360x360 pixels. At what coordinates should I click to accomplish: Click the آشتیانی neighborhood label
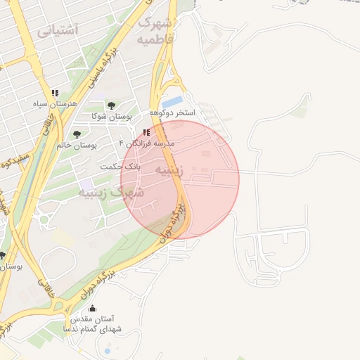click(x=58, y=30)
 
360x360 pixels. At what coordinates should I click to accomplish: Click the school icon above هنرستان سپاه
click(x=55, y=94)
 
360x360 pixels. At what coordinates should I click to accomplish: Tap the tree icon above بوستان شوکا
click(x=112, y=105)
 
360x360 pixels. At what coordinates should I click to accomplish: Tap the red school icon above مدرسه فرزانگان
click(x=146, y=132)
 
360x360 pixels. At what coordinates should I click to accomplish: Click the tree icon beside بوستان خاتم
click(x=77, y=134)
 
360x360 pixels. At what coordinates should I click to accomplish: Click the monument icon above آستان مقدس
click(x=92, y=308)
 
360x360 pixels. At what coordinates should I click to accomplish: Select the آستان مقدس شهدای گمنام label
click(x=92, y=323)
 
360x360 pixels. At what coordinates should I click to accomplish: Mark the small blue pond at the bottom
click(x=107, y=349)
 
